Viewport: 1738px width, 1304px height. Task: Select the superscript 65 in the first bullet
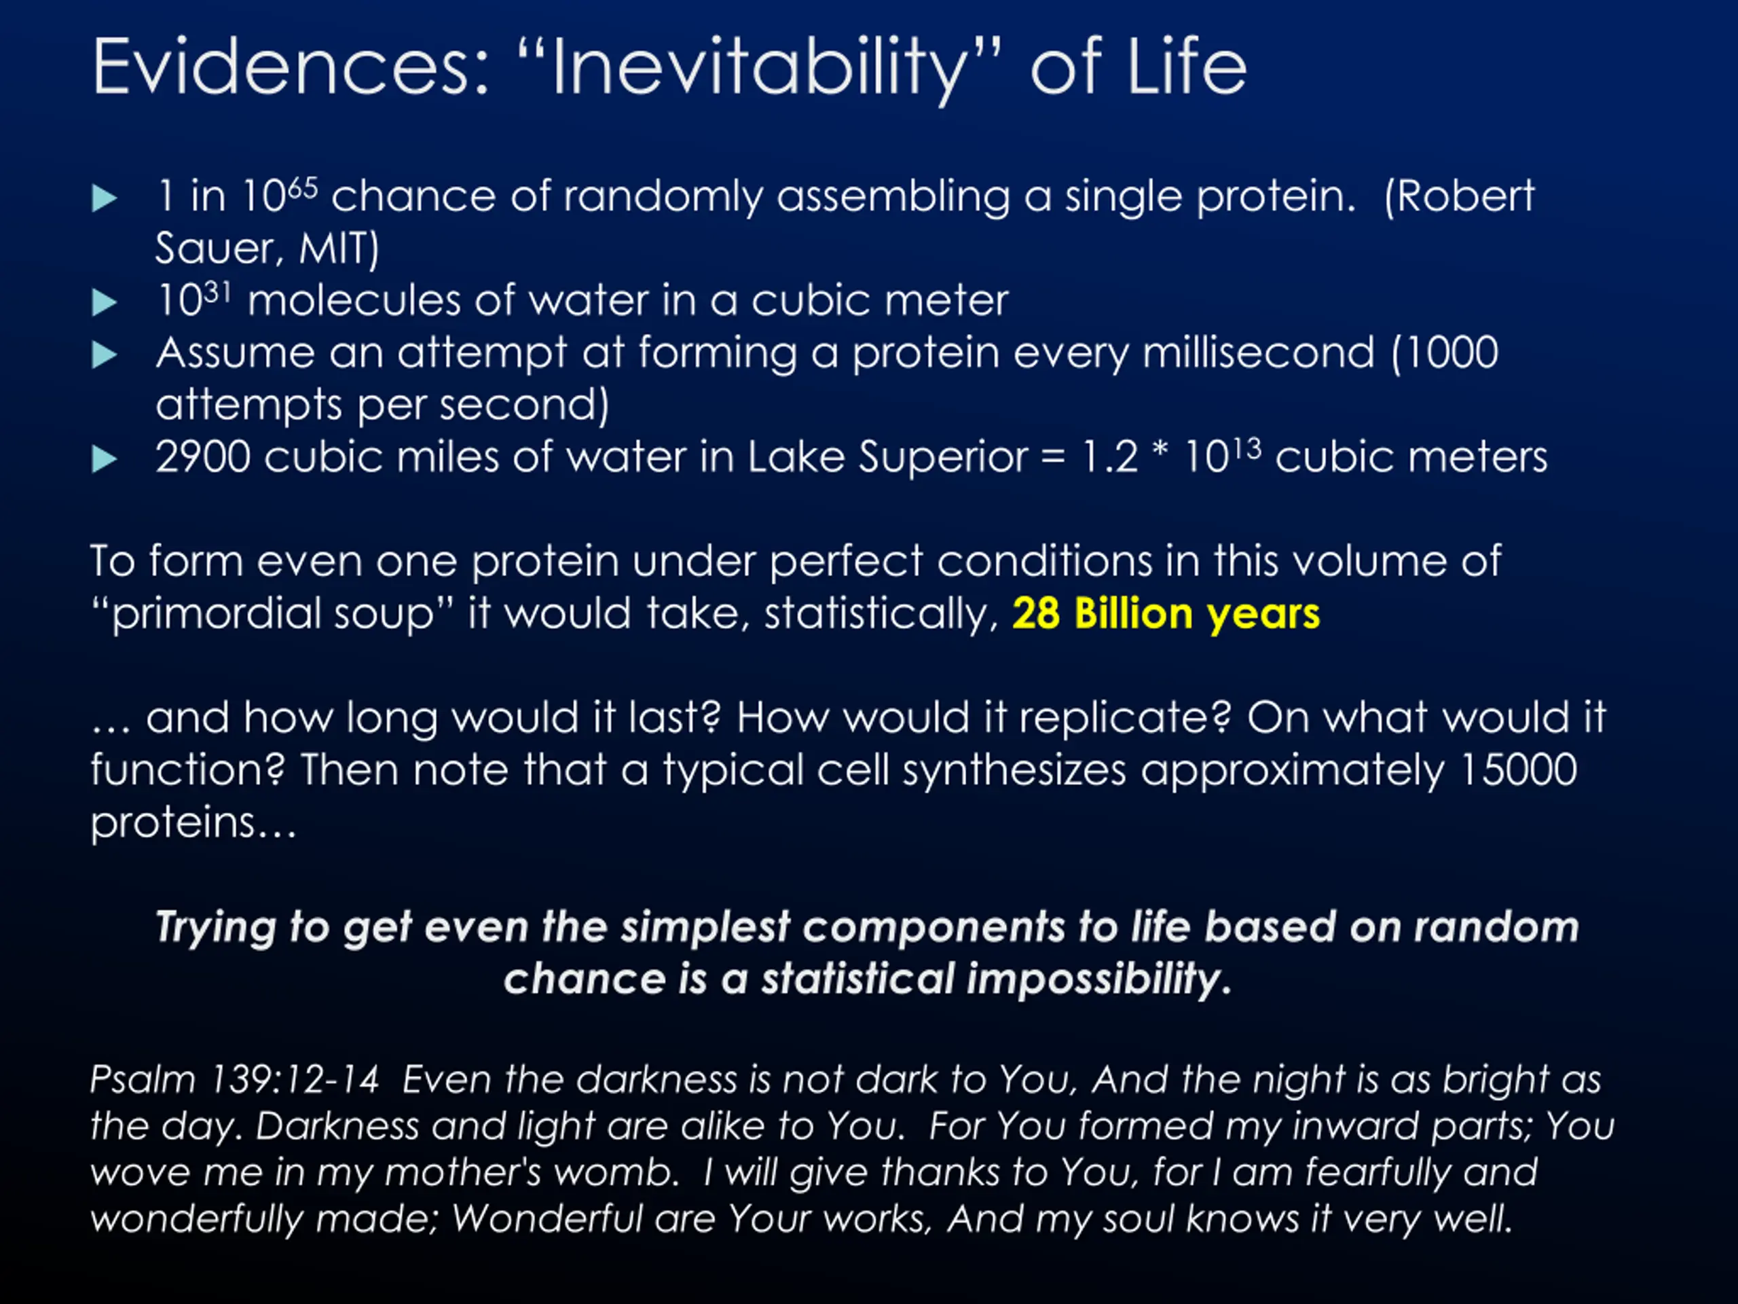point(303,187)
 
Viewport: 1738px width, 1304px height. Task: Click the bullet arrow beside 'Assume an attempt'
point(105,355)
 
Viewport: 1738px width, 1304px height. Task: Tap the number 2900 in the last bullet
point(203,458)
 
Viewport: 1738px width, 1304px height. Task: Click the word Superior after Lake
point(943,458)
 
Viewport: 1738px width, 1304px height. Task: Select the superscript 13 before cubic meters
point(1246,449)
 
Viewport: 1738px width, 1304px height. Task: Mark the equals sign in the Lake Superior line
point(1054,458)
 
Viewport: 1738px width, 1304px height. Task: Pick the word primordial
point(217,615)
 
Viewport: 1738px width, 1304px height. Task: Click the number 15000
point(1518,769)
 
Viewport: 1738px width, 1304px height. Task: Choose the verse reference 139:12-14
point(295,1079)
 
